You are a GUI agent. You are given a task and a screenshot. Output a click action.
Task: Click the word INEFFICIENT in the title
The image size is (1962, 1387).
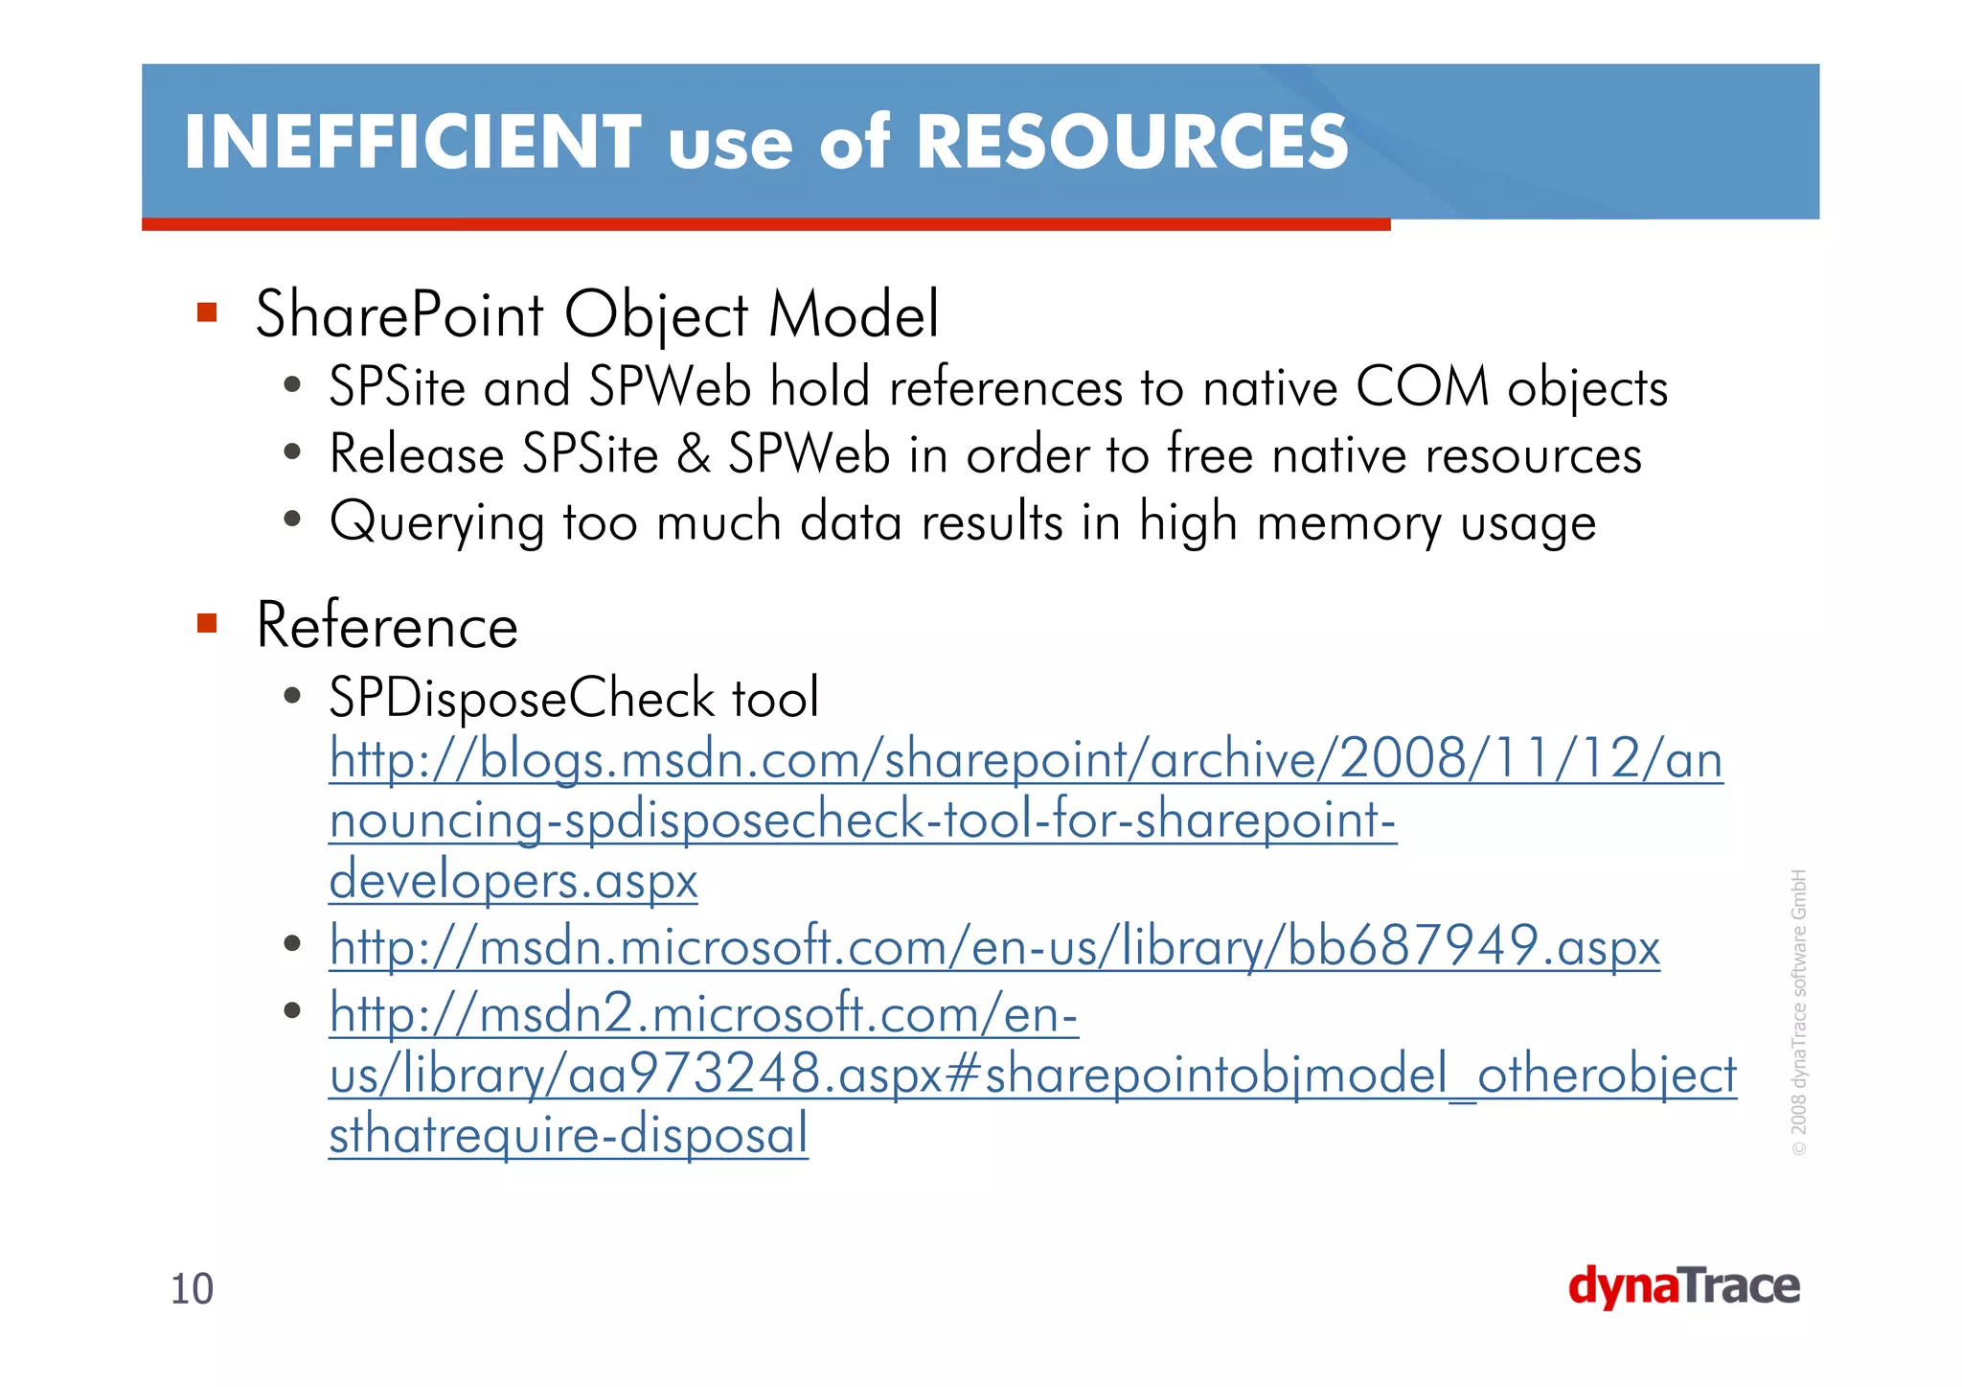[x=412, y=142]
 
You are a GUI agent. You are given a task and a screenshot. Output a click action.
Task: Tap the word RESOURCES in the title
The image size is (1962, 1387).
[x=1131, y=142]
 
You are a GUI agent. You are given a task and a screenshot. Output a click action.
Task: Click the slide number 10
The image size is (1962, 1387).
[x=192, y=1289]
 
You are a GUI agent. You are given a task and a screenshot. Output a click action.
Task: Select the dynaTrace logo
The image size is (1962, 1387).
[x=1683, y=1286]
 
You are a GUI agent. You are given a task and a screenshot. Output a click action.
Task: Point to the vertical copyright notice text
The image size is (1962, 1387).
[x=1799, y=1011]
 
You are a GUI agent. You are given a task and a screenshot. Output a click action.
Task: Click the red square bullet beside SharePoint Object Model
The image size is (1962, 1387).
[x=207, y=312]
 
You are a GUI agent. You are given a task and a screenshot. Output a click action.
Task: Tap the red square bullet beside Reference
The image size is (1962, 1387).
[x=207, y=624]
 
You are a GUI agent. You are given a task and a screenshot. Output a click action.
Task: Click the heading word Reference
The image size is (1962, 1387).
[x=387, y=626]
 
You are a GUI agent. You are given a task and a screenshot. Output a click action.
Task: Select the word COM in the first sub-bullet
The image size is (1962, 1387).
[x=1423, y=388]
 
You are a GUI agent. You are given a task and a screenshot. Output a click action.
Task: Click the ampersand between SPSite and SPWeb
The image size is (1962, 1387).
[x=693, y=454]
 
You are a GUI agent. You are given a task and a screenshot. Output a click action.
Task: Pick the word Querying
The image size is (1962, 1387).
[x=437, y=523]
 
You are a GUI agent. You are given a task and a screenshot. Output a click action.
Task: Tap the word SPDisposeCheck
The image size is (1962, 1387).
[x=521, y=698]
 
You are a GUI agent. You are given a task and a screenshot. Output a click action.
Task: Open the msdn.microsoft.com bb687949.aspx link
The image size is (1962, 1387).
[x=993, y=947]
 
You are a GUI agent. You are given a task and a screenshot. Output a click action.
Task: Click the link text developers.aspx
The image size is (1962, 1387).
[x=513, y=880]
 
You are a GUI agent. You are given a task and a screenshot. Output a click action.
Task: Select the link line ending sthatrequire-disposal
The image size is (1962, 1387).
[x=568, y=1134]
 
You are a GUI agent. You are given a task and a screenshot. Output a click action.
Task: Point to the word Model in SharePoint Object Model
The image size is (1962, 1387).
[x=854, y=314]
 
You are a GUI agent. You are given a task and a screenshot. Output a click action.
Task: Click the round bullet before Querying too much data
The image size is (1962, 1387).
[x=293, y=520]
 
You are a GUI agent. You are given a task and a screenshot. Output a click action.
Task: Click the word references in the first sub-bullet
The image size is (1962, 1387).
[x=1005, y=388]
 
